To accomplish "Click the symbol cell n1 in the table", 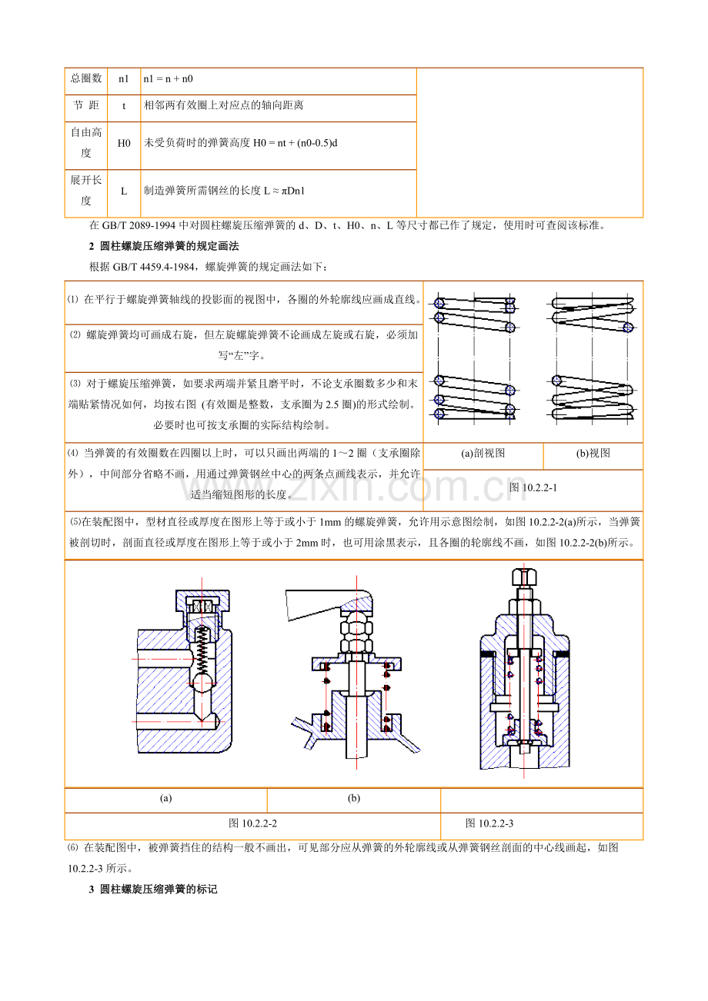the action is click(123, 79).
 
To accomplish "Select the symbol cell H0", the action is click(124, 143).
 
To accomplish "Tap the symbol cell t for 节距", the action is click(124, 106).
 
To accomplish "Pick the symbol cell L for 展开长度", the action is click(124, 191).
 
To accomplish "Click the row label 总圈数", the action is click(86, 78).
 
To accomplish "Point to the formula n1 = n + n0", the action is click(169, 79).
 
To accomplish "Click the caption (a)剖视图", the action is click(483, 453).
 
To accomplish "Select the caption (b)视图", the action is click(593, 453).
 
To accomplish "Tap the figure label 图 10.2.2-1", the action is click(533, 487).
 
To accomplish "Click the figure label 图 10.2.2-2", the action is click(252, 823).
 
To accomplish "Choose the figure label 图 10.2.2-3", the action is click(489, 823).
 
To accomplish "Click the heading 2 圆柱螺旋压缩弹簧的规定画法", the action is click(164, 246).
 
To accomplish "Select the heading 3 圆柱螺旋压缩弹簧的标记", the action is click(153, 890).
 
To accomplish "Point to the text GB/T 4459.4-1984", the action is click(153, 268).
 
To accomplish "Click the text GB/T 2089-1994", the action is click(139, 226).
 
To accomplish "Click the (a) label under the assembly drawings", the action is click(166, 798).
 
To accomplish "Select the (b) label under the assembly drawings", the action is click(354, 798).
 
